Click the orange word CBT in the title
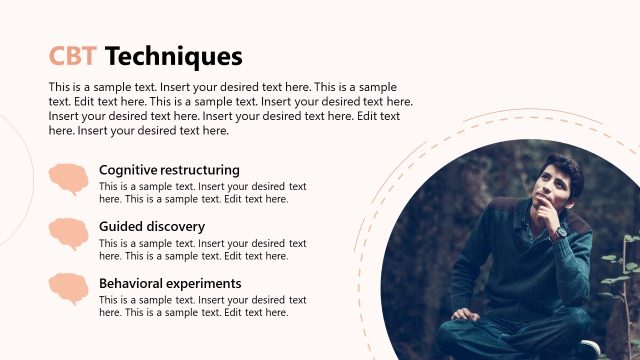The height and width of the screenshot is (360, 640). (x=73, y=55)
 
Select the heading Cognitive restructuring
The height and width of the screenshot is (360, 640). (x=169, y=170)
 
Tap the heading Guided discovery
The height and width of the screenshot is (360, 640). (x=152, y=227)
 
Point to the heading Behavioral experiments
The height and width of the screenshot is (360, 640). (x=170, y=283)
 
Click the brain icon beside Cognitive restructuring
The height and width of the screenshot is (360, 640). (x=68, y=179)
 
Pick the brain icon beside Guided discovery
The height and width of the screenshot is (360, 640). (x=68, y=234)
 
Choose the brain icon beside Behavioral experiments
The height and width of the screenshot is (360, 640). (x=68, y=289)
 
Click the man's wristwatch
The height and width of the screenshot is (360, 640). (x=561, y=232)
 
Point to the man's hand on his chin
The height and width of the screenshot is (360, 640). (x=546, y=210)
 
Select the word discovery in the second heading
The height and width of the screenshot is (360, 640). (x=176, y=227)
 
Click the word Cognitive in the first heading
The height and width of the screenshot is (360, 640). (x=128, y=170)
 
